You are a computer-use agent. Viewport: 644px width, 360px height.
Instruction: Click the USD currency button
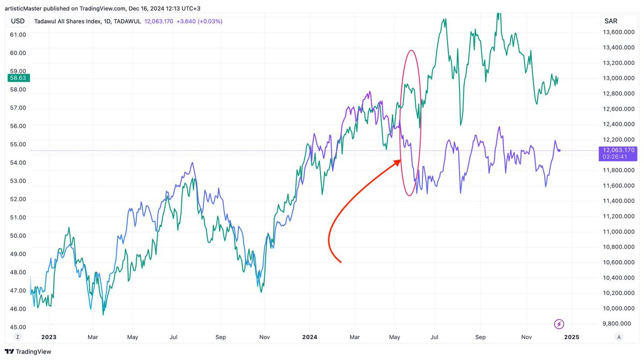[x=17, y=21]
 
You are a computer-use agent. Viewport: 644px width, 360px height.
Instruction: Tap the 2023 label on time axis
[x=48, y=337]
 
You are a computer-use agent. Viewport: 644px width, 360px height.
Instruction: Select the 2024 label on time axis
[x=309, y=337]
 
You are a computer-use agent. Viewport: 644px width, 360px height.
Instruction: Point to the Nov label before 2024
[x=264, y=337]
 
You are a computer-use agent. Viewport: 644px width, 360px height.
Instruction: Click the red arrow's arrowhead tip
[x=400, y=160]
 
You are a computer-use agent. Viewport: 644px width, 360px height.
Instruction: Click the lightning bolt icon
[x=560, y=324]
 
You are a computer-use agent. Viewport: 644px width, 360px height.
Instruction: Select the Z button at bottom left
[x=17, y=337]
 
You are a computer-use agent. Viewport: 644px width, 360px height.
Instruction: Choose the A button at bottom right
[x=619, y=337]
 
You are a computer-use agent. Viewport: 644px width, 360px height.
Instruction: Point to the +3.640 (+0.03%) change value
[x=202, y=21]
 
